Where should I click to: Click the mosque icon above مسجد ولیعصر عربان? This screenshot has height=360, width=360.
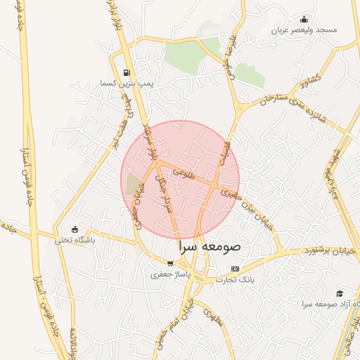point(304,19)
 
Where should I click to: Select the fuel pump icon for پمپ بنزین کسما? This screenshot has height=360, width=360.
point(126,72)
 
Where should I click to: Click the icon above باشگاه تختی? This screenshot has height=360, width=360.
point(75,229)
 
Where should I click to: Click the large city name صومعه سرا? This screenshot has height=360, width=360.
point(210,247)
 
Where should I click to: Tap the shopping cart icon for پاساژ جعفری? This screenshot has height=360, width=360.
point(170,264)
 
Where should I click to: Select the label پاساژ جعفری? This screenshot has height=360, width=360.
point(166,275)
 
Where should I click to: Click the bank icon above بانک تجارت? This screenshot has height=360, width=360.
point(235,269)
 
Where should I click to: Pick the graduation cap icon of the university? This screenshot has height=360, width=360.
point(340,293)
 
